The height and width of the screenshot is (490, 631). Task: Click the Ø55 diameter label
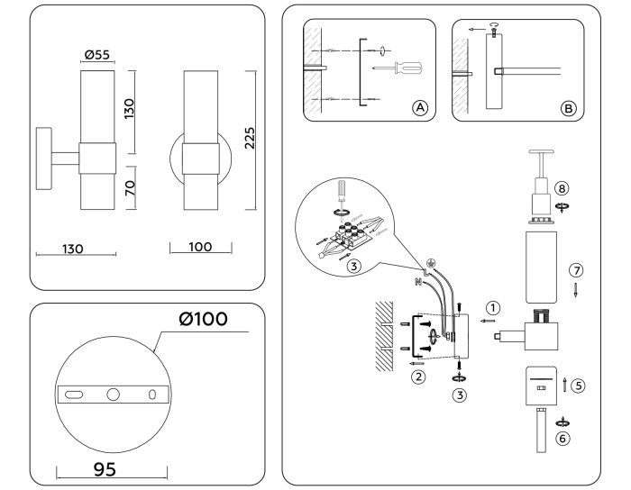click(x=97, y=55)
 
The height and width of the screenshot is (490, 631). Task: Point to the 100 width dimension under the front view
click(x=200, y=246)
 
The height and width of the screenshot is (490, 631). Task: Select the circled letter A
click(x=419, y=108)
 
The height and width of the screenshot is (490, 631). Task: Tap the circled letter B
click(x=568, y=108)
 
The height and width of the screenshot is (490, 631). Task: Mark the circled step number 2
click(x=417, y=377)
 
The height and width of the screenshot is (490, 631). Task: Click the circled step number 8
click(x=563, y=190)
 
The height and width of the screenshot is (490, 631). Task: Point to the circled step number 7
click(x=577, y=270)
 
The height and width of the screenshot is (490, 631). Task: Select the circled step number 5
click(x=578, y=386)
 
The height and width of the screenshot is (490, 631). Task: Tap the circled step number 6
click(x=564, y=439)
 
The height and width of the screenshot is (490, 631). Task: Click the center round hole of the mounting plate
click(x=114, y=394)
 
